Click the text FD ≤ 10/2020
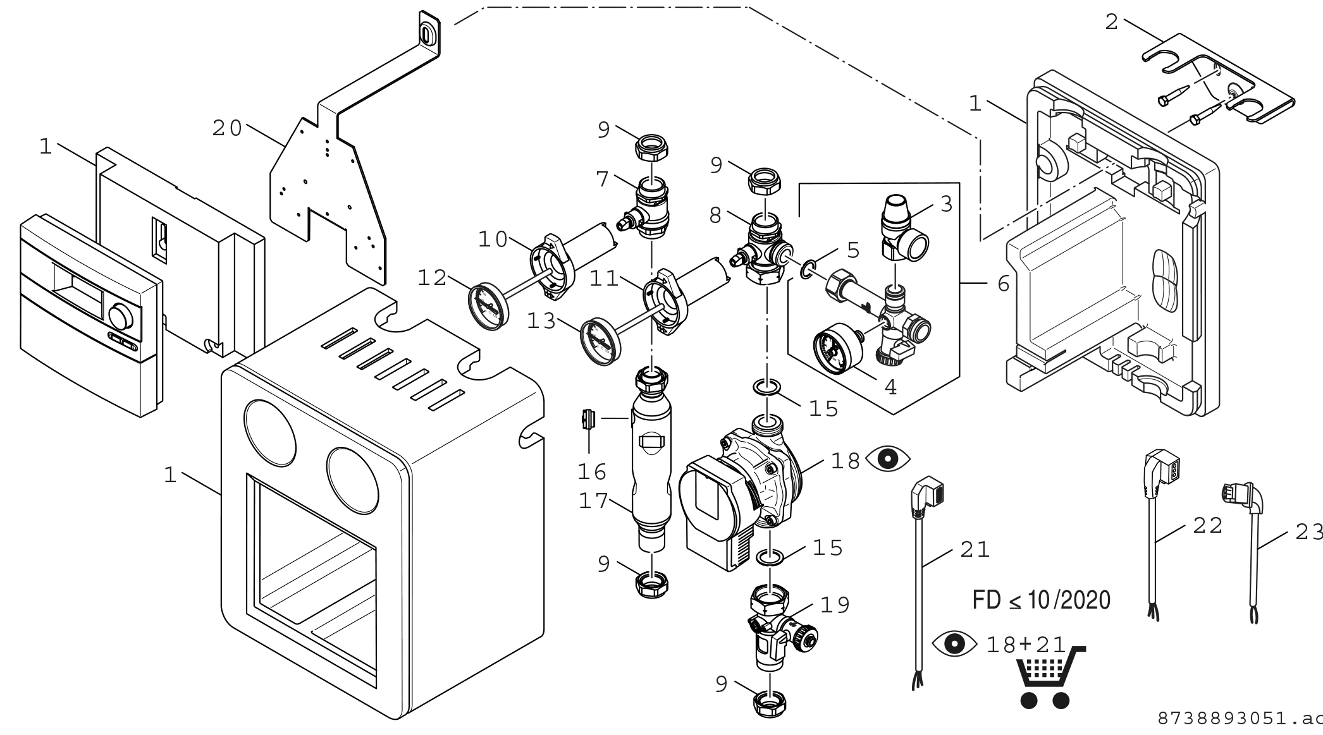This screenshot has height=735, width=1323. [x=1041, y=600]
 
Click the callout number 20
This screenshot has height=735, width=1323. [x=228, y=128]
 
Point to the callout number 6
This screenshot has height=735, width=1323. [x=1004, y=284]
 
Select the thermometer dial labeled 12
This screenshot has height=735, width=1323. [x=488, y=306]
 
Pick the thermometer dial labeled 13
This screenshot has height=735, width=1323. [x=599, y=342]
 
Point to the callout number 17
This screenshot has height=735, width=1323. [x=593, y=501]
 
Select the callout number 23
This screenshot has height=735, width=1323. [x=1308, y=532]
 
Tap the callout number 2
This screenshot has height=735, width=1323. [x=1112, y=23]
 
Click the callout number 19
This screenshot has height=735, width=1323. [x=835, y=605]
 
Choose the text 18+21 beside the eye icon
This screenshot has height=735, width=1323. [x=1026, y=644]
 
